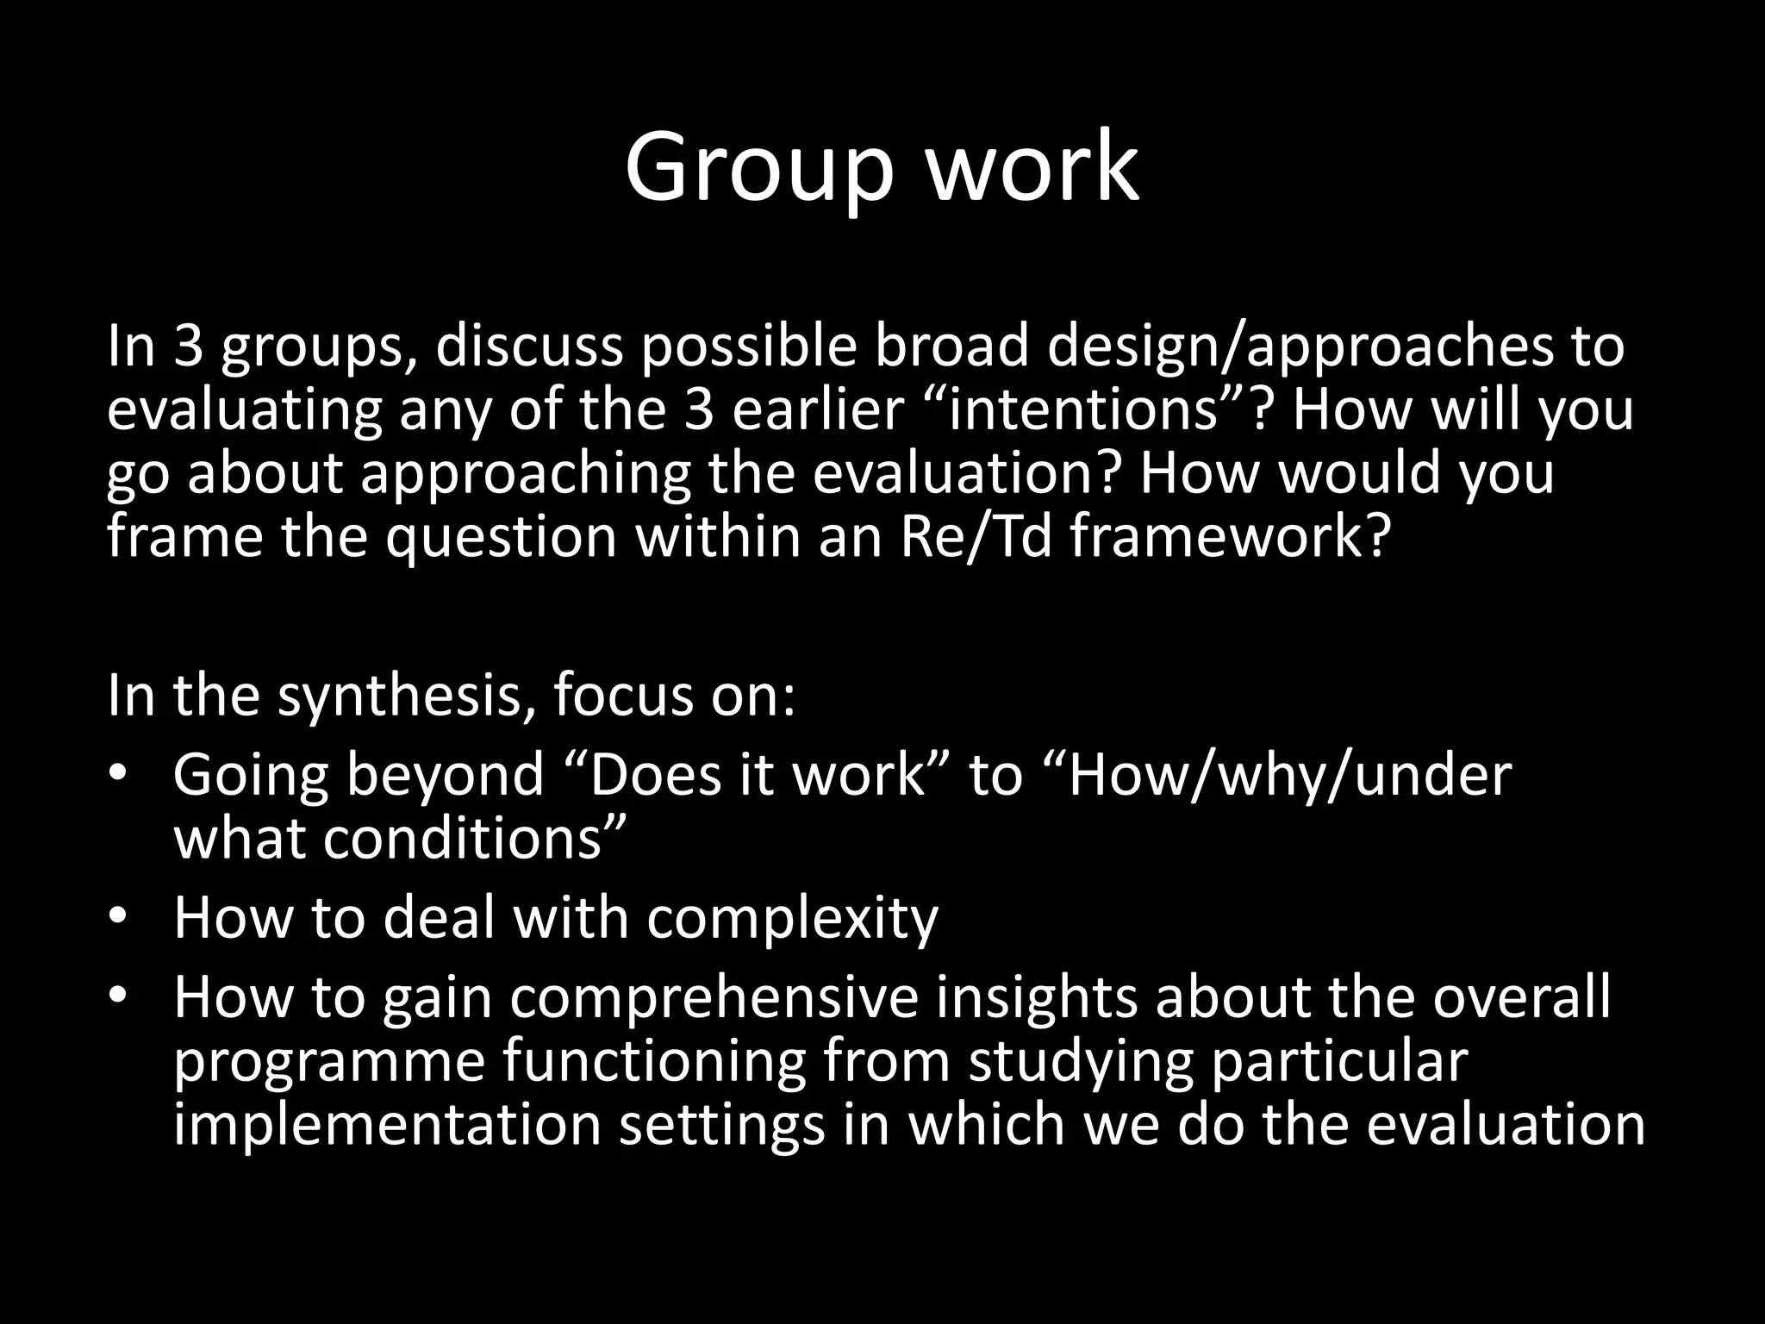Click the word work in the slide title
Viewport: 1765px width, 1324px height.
(1032, 168)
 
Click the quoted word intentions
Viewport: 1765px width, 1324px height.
(1089, 410)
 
